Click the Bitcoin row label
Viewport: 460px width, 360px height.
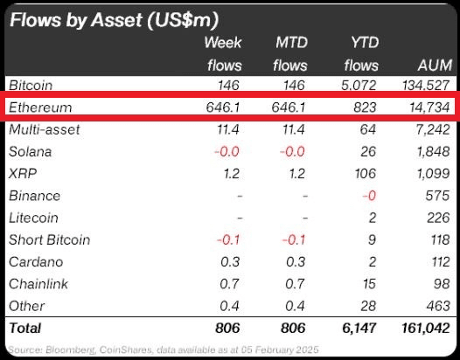click(x=31, y=85)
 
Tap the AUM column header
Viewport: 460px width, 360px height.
click(x=435, y=65)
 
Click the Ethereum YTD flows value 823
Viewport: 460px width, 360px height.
click(x=365, y=107)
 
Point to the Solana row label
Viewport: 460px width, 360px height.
click(x=31, y=151)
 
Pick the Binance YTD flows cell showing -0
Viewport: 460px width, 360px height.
click(x=369, y=196)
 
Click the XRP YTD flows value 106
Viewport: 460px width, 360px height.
click(x=365, y=174)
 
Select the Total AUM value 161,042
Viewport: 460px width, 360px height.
click(x=425, y=328)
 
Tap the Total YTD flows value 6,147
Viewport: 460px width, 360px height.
click(x=359, y=328)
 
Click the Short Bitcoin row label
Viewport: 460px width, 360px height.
click(x=49, y=239)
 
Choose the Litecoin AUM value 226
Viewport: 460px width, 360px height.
click(x=438, y=218)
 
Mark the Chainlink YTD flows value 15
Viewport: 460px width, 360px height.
click(x=369, y=284)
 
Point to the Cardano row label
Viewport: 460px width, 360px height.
click(x=36, y=262)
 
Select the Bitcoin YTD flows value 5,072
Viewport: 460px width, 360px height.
click(x=359, y=86)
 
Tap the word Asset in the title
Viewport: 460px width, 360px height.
click(x=117, y=20)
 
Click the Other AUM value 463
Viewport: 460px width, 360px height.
click(x=438, y=306)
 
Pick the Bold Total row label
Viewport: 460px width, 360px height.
click(x=25, y=328)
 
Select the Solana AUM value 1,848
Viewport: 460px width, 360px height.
click(x=432, y=151)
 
